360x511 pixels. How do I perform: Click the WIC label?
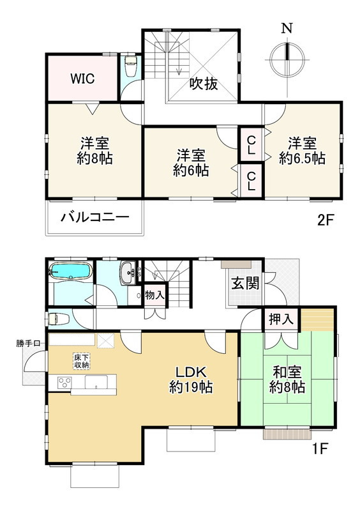point(82,79)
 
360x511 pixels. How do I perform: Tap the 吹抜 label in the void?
point(204,84)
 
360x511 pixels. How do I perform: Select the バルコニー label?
point(95,217)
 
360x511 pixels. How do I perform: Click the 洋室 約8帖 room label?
point(95,151)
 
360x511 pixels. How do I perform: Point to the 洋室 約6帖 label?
point(191,163)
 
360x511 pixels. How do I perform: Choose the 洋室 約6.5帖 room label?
point(302,151)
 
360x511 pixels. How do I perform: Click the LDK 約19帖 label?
point(191,379)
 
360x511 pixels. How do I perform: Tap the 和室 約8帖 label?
point(287,379)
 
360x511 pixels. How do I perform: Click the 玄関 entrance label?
point(245,283)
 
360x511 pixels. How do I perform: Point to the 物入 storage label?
point(154,296)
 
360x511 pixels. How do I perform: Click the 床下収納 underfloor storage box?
point(81,361)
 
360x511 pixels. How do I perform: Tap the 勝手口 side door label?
point(28,343)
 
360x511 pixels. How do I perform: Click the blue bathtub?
point(70,271)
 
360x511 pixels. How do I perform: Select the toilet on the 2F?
point(131,66)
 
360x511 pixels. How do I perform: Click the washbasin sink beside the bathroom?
point(128,273)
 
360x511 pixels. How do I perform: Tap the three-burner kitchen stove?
point(64,382)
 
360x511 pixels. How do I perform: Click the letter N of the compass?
point(287,28)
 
